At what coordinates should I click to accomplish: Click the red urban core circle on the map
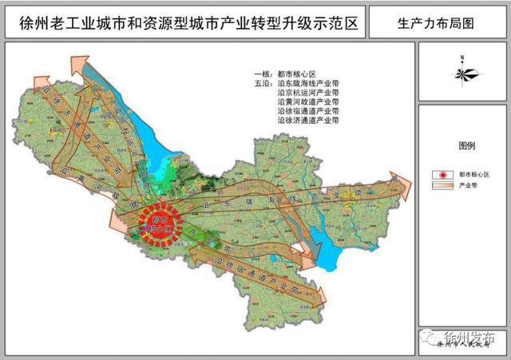[158, 221]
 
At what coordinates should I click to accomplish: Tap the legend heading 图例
[466, 147]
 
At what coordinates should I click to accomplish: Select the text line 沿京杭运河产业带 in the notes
[308, 93]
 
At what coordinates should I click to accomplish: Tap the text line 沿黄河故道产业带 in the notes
[308, 102]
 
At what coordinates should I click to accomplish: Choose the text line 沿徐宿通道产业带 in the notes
[308, 112]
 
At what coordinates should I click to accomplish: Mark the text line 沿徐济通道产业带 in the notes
[308, 121]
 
